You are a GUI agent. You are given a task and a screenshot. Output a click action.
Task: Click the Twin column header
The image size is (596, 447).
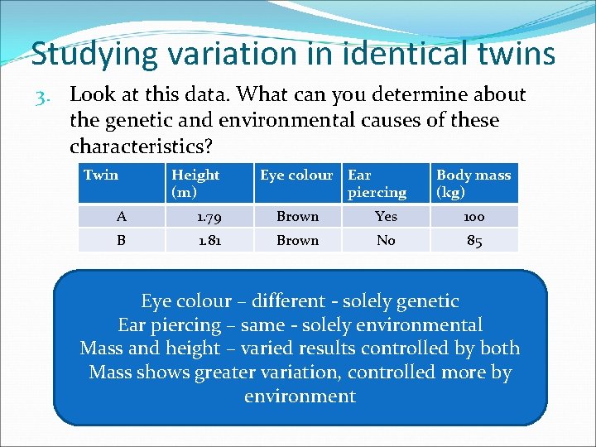(x=101, y=175)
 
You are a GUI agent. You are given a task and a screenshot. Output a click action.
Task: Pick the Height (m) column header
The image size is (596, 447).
(x=195, y=183)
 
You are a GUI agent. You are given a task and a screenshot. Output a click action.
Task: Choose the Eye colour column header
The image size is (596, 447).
(x=296, y=175)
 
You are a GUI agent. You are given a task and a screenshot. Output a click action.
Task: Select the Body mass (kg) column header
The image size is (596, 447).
(x=473, y=183)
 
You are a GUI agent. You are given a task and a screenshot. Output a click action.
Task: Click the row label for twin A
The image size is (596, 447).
(x=122, y=217)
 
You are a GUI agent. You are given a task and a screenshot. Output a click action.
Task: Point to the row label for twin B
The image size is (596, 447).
(x=122, y=240)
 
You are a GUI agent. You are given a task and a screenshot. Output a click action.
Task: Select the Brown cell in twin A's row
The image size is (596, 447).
(x=297, y=217)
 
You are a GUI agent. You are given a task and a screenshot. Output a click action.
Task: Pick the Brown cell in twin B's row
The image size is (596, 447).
(x=297, y=240)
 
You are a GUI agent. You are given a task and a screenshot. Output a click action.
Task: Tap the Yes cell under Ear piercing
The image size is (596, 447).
(x=386, y=217)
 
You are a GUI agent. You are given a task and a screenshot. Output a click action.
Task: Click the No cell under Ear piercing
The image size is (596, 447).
(x=386, y=240)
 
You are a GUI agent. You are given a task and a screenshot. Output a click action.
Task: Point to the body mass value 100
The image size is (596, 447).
(x=474, y=217)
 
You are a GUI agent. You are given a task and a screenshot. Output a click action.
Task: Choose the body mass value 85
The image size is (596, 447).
(x=474, y=241)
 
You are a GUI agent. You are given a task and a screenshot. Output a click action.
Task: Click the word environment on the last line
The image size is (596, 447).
(x=300, y=397)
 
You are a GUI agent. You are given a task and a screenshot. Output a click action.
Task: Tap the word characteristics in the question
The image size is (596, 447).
(x=138, y=147)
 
